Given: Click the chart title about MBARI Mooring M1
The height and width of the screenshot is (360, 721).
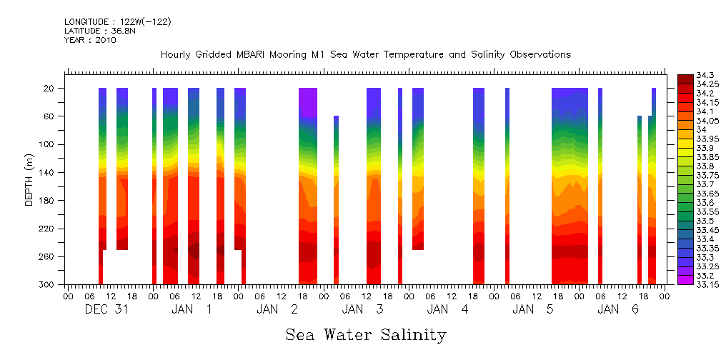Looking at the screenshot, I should tap(365, 54).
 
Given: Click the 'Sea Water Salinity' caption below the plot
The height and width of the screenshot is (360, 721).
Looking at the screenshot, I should tap(366, 334).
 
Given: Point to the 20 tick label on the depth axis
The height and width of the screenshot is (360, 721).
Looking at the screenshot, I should tap(50, 89).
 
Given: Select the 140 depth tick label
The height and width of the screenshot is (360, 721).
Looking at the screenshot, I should tap(48, 172).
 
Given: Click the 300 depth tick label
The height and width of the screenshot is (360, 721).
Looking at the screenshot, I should tap(48, 284).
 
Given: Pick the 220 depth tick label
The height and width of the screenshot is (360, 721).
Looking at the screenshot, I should tap(48, 229).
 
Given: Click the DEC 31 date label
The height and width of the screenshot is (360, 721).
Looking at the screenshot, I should tap(106, 309).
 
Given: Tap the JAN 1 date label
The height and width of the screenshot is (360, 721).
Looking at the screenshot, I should tap(192, 309).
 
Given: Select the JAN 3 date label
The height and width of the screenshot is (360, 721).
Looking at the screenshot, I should tap(362, 309).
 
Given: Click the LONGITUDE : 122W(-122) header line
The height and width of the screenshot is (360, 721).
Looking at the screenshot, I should tap(117, 22).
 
